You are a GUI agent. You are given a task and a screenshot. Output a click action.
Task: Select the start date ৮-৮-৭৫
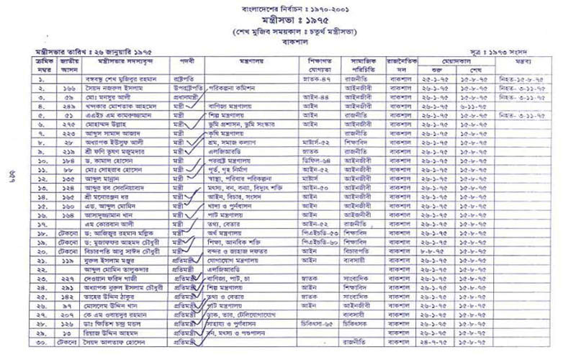pos(440,253)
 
